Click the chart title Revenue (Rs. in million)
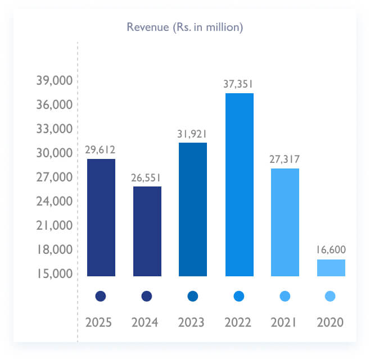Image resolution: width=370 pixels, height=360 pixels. pos(185,27)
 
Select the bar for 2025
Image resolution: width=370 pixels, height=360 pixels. pos(101,217)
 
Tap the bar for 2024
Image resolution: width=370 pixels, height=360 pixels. pos(147,231)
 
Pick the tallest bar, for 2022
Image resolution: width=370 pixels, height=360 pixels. pos(240,184)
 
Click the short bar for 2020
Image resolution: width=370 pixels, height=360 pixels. pos(331,267)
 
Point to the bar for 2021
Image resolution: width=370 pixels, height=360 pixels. pos(285,222)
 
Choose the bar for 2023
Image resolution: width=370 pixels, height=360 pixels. pos(193,209)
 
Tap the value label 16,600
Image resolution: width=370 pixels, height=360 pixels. pos(331,250)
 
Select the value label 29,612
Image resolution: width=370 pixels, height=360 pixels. pos(101,150)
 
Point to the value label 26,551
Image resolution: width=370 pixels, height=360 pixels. pos(147,177)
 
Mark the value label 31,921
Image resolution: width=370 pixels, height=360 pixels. pos(193,134)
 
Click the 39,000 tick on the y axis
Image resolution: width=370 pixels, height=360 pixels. pos(55,81)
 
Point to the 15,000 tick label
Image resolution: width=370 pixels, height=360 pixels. pos(55,274)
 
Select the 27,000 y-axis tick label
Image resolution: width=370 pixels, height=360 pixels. pos(55,177)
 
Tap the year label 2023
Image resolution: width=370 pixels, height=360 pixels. pos(193,323)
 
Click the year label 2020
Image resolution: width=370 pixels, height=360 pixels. pos(331,323)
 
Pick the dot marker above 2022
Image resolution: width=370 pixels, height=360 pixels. pos(239,296)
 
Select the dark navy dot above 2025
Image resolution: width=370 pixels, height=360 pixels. pos(101,296)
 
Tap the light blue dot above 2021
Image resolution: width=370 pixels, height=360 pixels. pos(285,296)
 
